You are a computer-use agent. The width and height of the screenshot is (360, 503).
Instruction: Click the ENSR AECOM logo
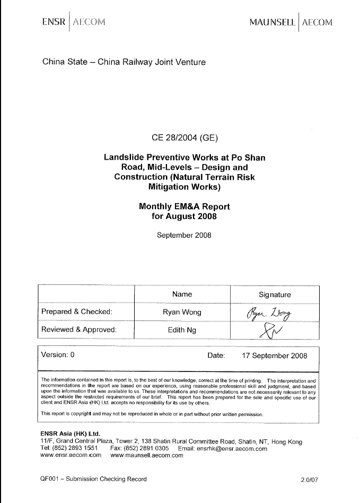(x=74, y=22)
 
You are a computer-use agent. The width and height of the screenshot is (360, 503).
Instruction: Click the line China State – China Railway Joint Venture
(x=124, y=62)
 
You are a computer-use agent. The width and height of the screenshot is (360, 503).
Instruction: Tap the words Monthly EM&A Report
(x=184, y=206)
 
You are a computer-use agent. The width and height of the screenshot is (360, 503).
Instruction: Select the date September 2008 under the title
(x=184, y=235)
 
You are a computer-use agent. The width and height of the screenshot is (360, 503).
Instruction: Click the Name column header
(x=182, y=294)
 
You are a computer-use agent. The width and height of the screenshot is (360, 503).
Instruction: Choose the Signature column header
(x=274, y=294)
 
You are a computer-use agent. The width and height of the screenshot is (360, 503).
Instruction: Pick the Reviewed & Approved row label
(x=78, y=329)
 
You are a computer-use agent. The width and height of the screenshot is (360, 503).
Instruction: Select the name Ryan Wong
(x=182, y=311)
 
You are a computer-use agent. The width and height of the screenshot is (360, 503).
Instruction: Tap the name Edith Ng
(x=182, y=329)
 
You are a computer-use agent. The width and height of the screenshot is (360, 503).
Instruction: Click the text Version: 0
(x=58, y=355)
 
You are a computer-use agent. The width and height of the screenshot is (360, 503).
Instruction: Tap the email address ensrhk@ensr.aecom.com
(x=233, y=448)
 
